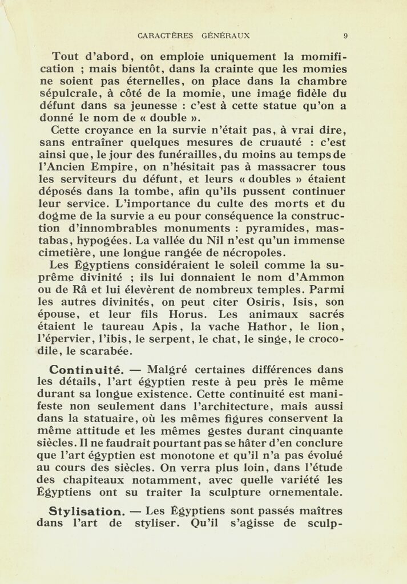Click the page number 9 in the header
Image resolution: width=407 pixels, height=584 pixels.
[346, 35]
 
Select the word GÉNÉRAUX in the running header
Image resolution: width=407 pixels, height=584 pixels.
[226, 35]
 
